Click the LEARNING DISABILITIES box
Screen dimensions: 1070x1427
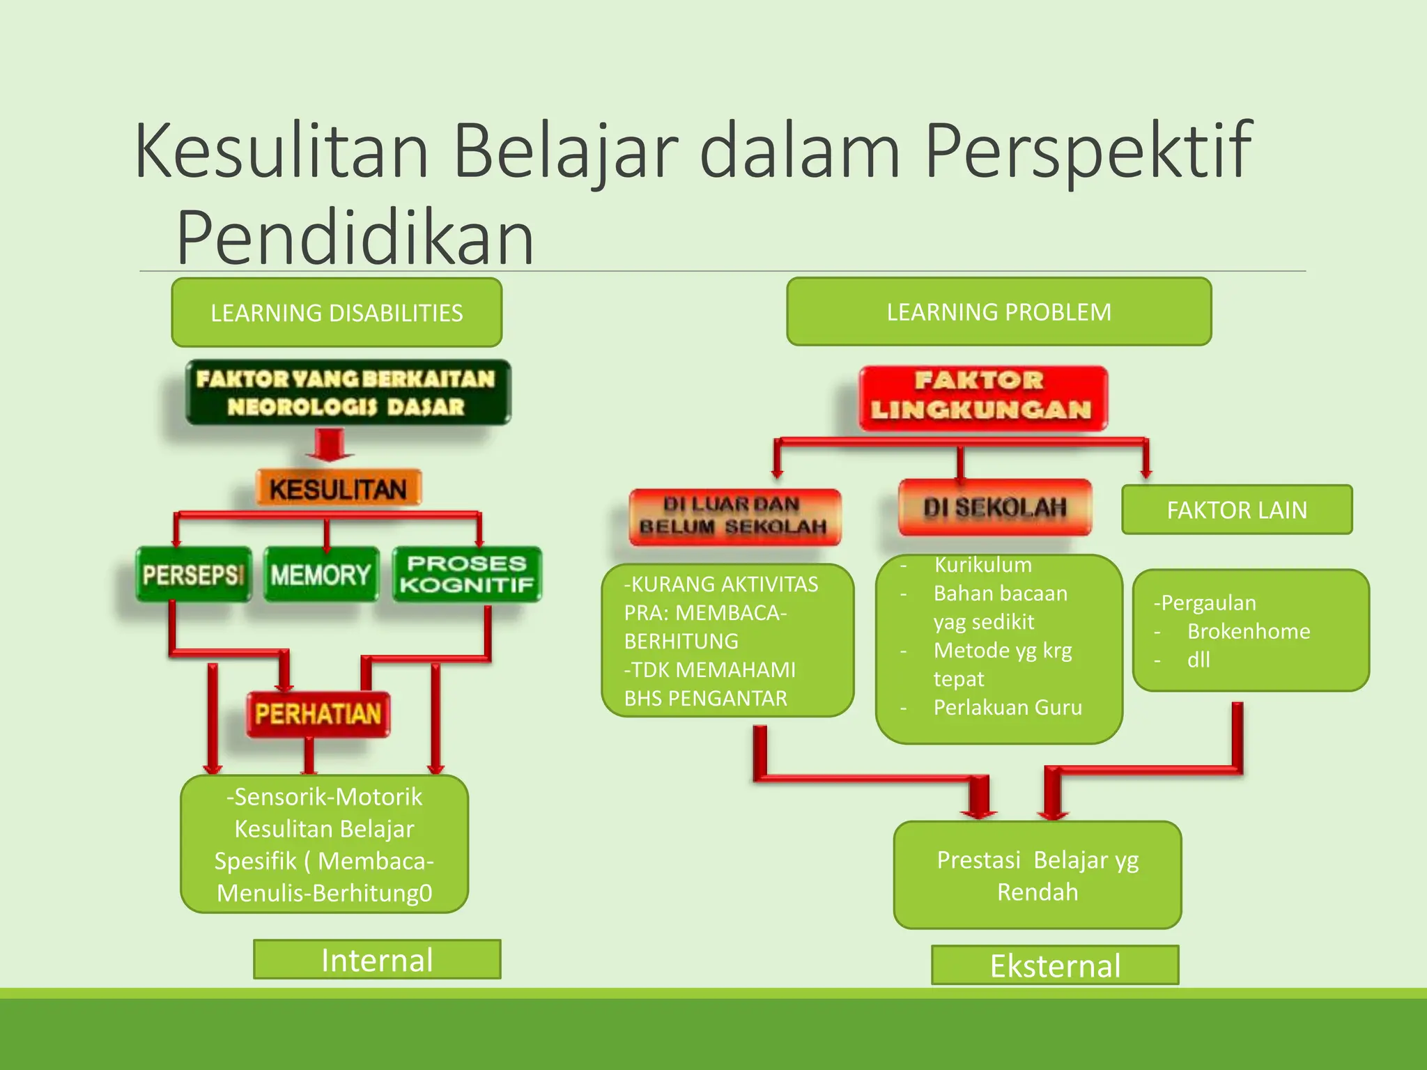[x=337, y=313]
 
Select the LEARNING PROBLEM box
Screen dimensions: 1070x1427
[x=998, y=311]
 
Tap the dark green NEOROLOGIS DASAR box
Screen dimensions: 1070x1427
[x=348, y=393]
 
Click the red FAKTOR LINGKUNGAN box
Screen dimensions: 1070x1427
[x=982, y=397]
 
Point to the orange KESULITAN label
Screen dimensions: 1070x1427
[x=338, y=488]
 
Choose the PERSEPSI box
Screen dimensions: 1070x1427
[x=193, y=575]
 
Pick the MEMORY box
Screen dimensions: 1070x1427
[x=321, y=575]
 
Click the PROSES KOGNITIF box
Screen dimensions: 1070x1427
[x=467, y=575]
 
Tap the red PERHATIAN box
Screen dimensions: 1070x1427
[x=318, y=714]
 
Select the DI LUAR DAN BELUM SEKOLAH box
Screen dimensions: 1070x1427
[x=734, y=516]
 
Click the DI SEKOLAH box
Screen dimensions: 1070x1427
[x=995, y=507]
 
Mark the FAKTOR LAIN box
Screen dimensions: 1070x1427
[x=1237, y=510]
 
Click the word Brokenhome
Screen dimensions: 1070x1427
[x=1249, y=632]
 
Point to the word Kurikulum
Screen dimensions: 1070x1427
[x=982, y=565]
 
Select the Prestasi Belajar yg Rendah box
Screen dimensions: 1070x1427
[x=1038, y=875]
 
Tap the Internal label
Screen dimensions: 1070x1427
[x=377, y=960]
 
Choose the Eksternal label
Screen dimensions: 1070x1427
[x=1055, y=966]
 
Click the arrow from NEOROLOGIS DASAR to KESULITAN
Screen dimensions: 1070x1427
[x=330, y=446]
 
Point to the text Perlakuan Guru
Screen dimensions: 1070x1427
[x=1008, y=708]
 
